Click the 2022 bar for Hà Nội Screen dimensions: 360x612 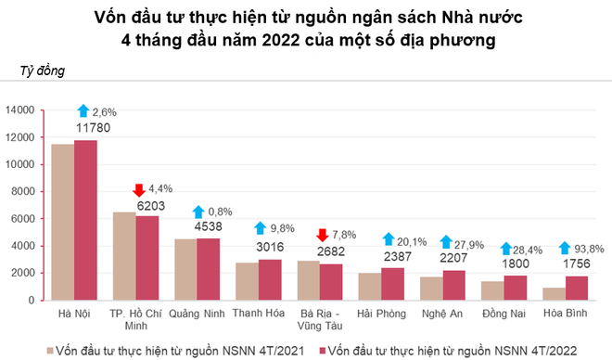85,220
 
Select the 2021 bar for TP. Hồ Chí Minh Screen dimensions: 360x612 124,256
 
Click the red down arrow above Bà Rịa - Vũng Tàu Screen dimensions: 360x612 323,235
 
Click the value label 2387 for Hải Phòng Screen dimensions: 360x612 397,255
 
